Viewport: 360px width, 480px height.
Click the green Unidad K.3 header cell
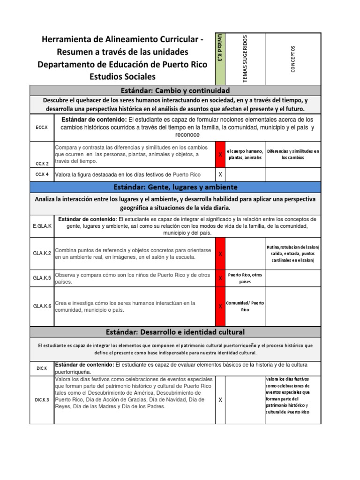(220, 59)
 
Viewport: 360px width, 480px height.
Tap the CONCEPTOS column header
(293, 59)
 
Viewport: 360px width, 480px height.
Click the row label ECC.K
(42, 127)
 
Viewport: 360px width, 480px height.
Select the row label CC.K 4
(42, 175)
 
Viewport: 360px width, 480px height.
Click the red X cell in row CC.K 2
(220, 154)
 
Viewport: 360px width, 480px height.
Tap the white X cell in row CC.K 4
(220, 175)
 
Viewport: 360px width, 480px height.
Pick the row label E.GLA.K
(42, 226)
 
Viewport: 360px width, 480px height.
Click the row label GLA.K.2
(42, 254)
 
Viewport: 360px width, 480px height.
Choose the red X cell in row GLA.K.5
(220, 278)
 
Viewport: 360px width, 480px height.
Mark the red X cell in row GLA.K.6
(220, 307)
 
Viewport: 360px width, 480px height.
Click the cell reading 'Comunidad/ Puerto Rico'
(245, 307)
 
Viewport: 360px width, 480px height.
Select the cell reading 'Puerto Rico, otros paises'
(245, 278)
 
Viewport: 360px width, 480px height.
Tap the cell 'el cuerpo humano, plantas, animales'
(245, 154)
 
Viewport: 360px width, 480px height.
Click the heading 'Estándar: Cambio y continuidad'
(175, 90)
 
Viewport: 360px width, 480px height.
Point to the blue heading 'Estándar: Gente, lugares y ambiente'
(175, 187)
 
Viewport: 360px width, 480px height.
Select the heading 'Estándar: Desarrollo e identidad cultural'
(175, 332)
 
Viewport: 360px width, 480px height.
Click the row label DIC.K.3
(42, 400)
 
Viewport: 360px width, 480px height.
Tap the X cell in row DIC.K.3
(220, 400)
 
